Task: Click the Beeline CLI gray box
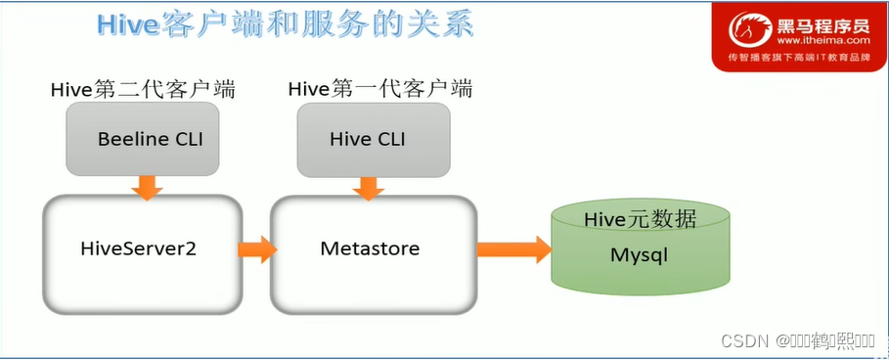tap(150, 139)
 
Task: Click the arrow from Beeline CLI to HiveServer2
tap(147, 187)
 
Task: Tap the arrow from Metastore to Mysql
tap(512, 250)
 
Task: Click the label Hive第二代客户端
tap(144, 90)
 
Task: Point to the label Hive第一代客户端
tap(379, 90)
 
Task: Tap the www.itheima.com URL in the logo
tap(822, 41)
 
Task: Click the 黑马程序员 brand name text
tap(822, 25)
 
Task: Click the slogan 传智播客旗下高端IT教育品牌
tap(799, 59)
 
